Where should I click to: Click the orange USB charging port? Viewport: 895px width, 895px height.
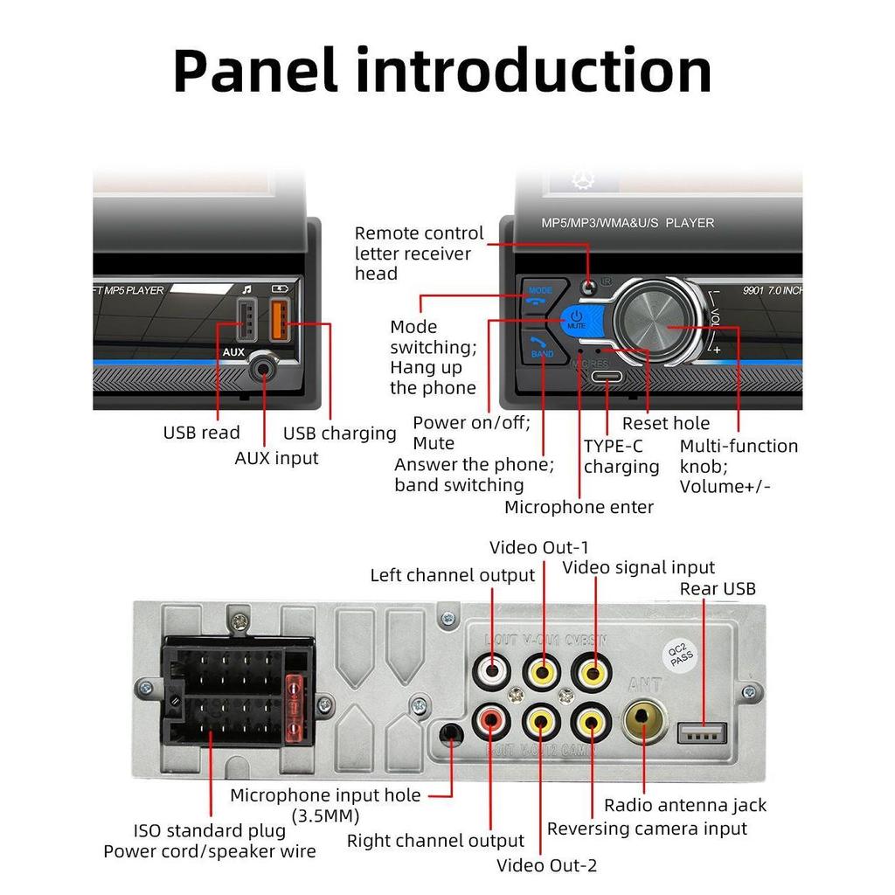[279, 321]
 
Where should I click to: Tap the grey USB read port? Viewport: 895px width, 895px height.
[246, 321]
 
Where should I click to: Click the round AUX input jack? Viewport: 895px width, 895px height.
[262, 371]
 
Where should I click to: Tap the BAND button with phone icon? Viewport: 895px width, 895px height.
[541, 348]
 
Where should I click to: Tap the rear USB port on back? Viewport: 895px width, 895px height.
[703, 731]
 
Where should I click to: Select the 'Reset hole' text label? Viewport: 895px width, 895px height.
[665, 424]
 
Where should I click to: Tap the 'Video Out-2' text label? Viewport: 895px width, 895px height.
[546, 865]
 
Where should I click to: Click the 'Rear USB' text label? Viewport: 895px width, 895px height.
[718, 588]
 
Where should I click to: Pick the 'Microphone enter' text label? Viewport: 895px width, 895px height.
[579, 507]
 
